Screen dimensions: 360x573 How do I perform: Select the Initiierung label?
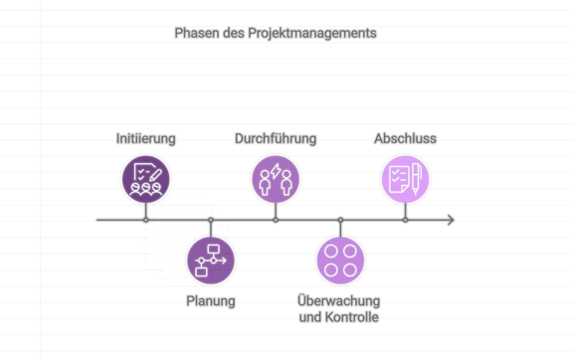[145, 139]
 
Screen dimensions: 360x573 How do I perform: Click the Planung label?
[211, 300]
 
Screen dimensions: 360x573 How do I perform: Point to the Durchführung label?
[276, 139]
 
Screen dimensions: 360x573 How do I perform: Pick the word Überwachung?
[339, 301]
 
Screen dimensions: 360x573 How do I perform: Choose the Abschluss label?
[405, 139]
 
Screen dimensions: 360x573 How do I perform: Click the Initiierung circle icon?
[145, 180]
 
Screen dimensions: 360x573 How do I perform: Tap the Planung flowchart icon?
[211, 261]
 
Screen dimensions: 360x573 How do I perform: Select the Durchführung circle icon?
[276, 180]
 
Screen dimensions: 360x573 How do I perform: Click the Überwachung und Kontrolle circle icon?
[340, 261]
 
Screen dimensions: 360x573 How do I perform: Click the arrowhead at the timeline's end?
[451, 220]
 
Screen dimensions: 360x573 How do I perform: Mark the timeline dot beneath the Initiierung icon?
[145, 220]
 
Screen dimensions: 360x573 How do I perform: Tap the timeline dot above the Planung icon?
[211, 220]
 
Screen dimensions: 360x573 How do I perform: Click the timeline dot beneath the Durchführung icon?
[276, 220]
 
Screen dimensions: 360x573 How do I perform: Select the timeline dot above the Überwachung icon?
[340, 220]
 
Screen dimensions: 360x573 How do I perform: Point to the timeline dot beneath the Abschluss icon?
[405, 220]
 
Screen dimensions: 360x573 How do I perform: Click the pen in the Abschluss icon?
[415, 179]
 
